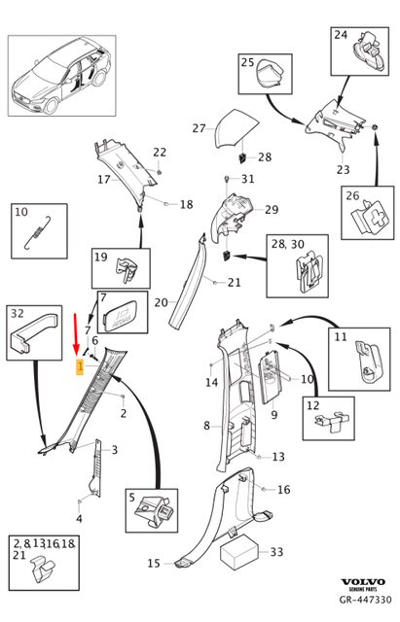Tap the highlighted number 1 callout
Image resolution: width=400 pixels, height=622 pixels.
[x=79, y=367]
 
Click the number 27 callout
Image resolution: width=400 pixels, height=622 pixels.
[x=199, y=128]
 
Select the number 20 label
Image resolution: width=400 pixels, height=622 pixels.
[x=162, y=302]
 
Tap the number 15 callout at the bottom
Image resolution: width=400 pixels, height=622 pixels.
[x=154, y=564]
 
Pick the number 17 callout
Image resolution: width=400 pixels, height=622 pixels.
[x=103, y=180]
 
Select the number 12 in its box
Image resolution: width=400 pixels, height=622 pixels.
[x=312, y=405]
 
